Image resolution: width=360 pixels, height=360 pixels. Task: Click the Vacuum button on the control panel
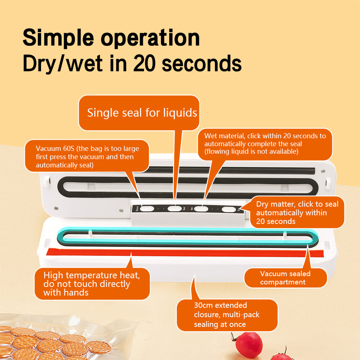click(x=146, y=208)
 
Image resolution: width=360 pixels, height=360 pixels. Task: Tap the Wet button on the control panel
click(x=202, y=208)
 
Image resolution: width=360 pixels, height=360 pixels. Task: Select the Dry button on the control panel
click(x=228, y=209)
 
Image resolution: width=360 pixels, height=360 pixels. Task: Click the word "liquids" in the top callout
click(x=179, y=113)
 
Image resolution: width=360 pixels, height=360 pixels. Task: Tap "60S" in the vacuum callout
click(x=66, y=148)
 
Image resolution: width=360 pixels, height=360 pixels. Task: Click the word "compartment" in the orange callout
click(x=283, y=282)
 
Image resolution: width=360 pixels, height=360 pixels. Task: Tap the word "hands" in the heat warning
click(x=76, y=293)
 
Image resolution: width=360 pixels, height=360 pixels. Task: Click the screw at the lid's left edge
click(x=56, y=208)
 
